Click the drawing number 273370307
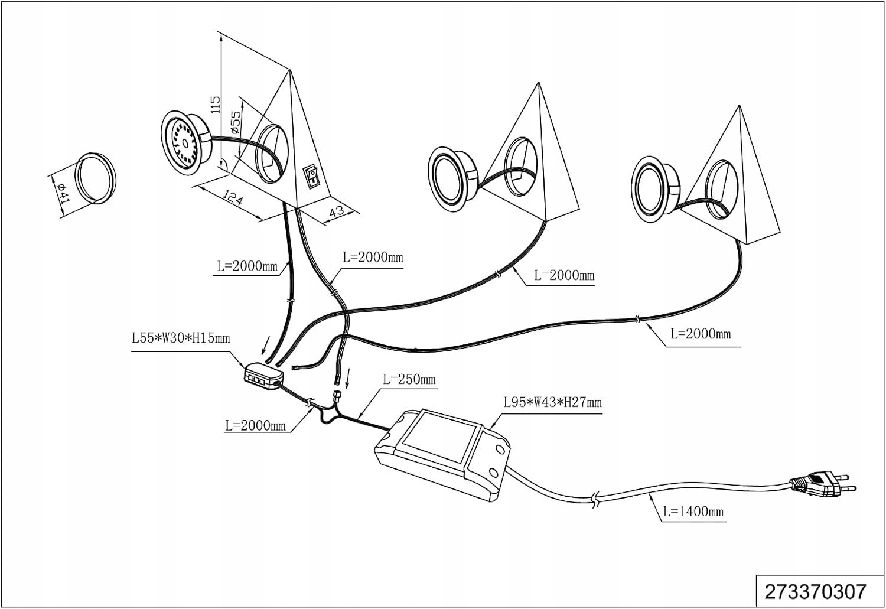coord(815,591)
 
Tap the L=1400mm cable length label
coord(693,512)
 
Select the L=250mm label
coord(409,379)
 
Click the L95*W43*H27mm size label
coord(552,403)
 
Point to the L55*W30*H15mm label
coord(181,339)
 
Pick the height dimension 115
coord(215,105)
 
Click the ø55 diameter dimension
coord(234,121)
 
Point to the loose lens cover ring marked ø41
coord(95,177)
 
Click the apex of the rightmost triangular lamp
coord(740,107)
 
